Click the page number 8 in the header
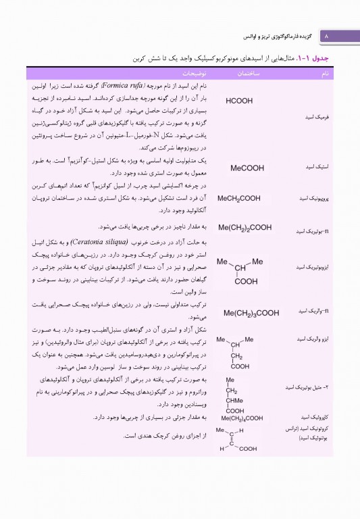(x=326, y=34)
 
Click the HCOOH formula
(x=239, y=101)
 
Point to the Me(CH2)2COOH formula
(x=245, y=228)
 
